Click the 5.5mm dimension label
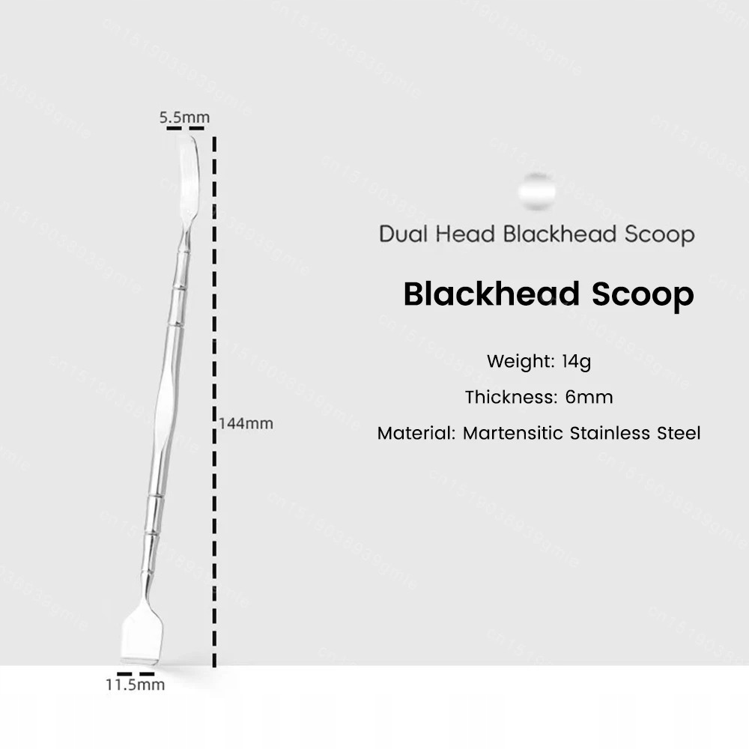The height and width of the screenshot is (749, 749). pyautogui.click(x=184, y=118)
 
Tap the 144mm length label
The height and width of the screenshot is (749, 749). pyautogui.click(x=246, y=423)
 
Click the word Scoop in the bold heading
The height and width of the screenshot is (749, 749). pyautogui.click(x=643, y=294)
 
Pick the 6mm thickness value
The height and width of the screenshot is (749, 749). pyautogui.click(x=589, y=397)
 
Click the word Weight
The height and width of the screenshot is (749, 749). pyautogui.click(x=521, y=361)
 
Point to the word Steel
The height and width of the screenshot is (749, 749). pyautogui.click(x=679, y=433)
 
